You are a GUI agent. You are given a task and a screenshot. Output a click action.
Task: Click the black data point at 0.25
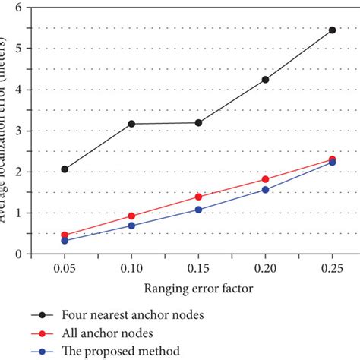pyautogui.click(x=332, y=30)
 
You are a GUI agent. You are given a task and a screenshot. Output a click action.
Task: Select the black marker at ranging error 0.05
pyautogui.click(x=65, y=169)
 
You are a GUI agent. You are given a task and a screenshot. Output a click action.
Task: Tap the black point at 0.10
pyautogui.click(x=131, y=124)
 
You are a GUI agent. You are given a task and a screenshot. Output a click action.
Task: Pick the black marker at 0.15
pyautogui.click(x=198, y=122)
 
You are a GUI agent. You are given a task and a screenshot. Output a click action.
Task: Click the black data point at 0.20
pyautogui.click(x=265, y=80)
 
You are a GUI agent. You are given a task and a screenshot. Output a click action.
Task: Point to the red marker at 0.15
pyautogui.click(x=198, y=197)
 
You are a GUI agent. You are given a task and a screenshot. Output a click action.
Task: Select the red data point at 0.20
pyautogui.click(x=265, y=179)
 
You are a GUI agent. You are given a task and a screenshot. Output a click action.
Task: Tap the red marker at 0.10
pyautogui.click(x=131, y=216)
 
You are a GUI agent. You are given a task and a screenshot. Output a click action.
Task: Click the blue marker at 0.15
pyautogui.click(x=198, y=210)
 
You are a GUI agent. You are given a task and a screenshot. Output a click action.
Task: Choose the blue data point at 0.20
pyautogui.click(x=265, y=190)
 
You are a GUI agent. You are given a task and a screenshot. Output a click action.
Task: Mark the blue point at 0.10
pyautogui.click(x=131, y=226)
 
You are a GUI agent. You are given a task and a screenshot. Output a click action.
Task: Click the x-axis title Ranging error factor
pyautogui.click(x=198, y=289)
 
